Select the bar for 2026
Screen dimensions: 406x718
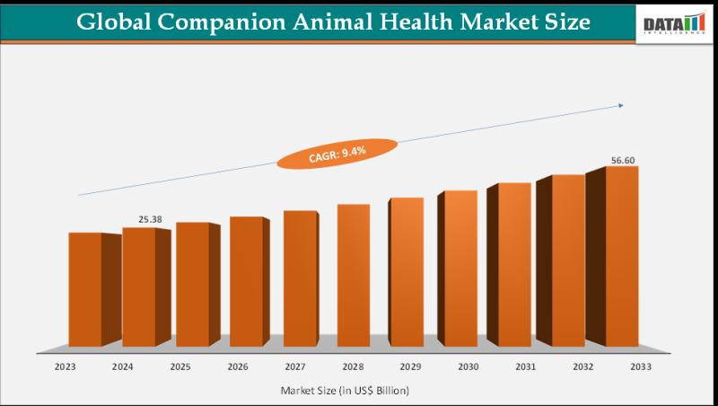[246, 280]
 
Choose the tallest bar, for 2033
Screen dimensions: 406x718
[622, 255]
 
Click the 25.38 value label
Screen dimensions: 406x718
[151, 218]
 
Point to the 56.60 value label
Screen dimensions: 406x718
[624, 160]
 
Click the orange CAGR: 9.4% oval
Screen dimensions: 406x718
[337, 154]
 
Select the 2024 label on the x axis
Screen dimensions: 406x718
[122, 366]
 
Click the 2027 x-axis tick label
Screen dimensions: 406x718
[296, 366]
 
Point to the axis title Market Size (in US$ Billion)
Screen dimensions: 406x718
[347, 391]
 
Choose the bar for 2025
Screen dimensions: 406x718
[192, 283]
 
